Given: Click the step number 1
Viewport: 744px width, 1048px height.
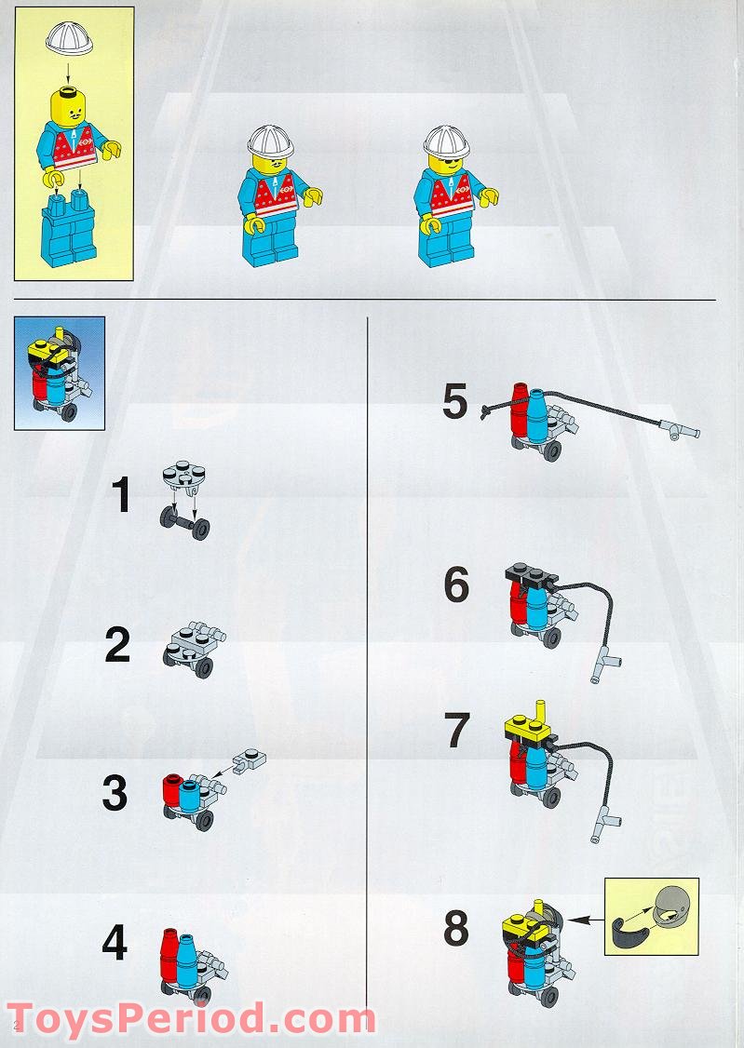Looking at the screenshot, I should point(122,495).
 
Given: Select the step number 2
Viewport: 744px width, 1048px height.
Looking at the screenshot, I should point(118,645).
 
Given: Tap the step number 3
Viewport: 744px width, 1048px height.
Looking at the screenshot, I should point(115,793).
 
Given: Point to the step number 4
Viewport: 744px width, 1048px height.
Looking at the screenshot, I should point(115,944).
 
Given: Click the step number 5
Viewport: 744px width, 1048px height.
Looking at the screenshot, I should point(454,403).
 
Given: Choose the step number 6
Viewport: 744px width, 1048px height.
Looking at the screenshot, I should point(456,585).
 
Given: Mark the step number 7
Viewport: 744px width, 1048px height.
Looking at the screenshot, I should point(456,731).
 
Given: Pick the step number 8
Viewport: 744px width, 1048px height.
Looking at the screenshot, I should point(456,928).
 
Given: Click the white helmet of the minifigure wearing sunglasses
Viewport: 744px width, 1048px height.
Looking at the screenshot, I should point(447,141).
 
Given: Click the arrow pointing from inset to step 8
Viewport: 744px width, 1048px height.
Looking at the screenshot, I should point(582,920).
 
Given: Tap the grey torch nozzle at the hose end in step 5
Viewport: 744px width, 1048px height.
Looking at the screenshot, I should point(679,429).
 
